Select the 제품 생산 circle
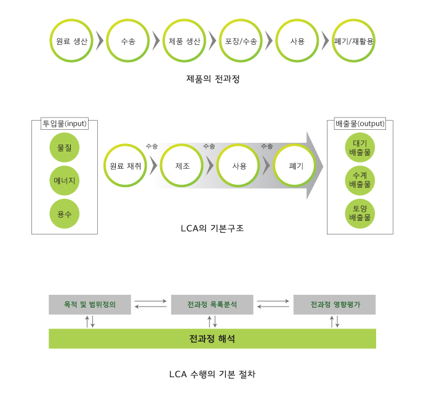[x=185, y=41]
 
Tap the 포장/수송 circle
[x=241, y=41]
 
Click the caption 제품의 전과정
[x=212, y=79]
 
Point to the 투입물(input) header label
[x=65, y=123]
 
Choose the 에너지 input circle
[x=65, y=181]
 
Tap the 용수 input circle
[x=65, y=214]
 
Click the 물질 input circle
[x=65, y=148]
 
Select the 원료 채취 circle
[x=126, y=166]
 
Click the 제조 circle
[x=183, y=166]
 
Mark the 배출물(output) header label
[x=360, y=123]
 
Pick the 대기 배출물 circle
[x=360, y=148]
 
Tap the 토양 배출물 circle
[x=360, y=213]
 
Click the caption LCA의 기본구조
[x=212, y=228]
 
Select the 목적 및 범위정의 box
[x=90, y=305]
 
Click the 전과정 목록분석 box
[x=212, y=305]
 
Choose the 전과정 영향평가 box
[x=335, y=305]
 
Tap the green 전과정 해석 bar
[x=212, y=338]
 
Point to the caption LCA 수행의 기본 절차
[x=212, y=374]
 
